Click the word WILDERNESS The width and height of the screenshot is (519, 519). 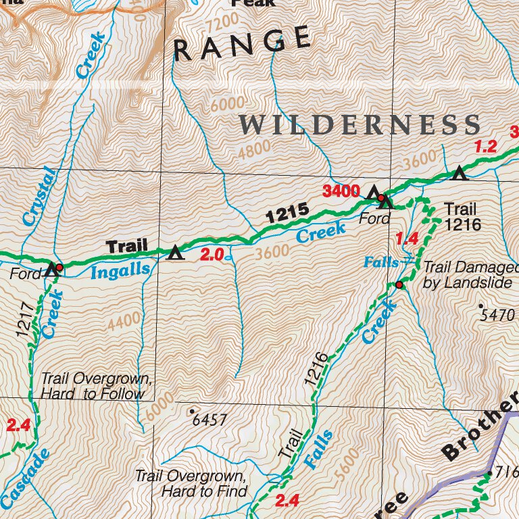[x=360, y=125]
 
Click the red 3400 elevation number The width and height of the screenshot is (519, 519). [x=341, y=191]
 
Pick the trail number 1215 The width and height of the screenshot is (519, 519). [x=287, y=214]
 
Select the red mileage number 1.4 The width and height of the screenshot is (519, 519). [x=407, y=238]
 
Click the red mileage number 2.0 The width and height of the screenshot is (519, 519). [x=212, y=255]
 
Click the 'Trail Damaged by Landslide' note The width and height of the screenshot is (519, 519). [x=467, y=275]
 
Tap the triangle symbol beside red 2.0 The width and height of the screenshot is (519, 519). [x=176, y=253]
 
